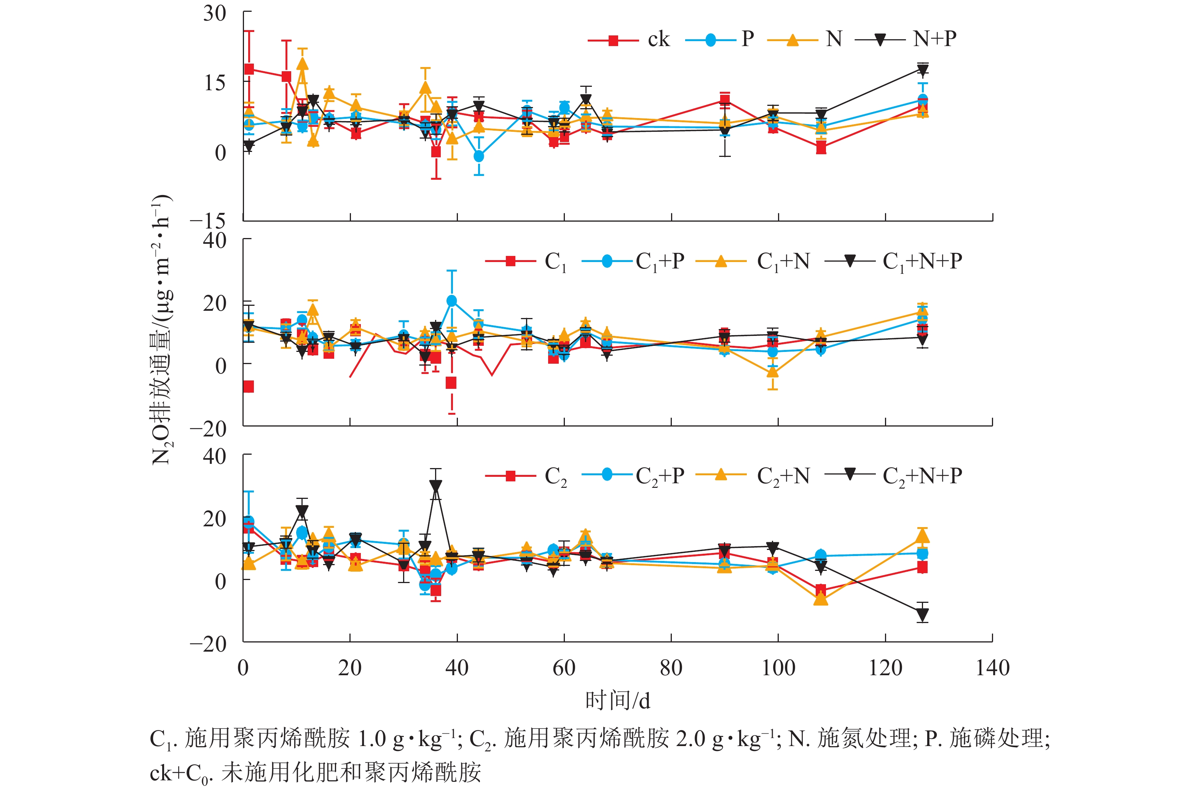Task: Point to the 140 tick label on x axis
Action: tap(992, 668)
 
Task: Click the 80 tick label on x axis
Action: tap(671, 668)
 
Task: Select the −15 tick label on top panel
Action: tap(208, 221)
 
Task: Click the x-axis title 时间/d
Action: tap(618, 701)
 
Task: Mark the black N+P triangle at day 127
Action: tap(923, 70)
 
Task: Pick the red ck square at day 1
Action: tap(249, 69)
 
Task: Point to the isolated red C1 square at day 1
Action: tap(248, 387)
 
